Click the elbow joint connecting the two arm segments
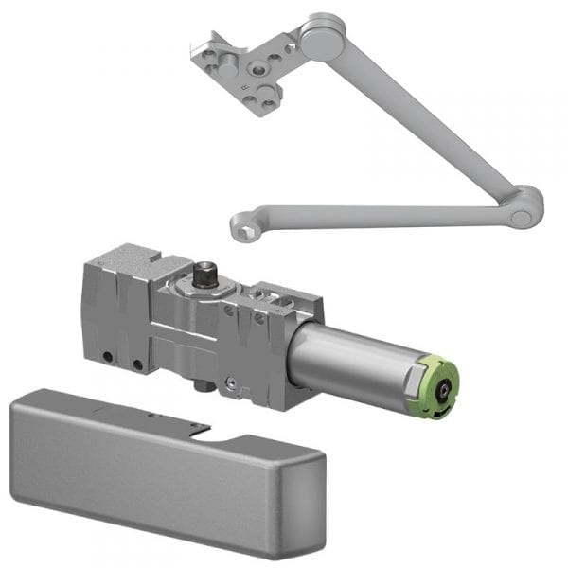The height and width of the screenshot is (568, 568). (524, 207)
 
